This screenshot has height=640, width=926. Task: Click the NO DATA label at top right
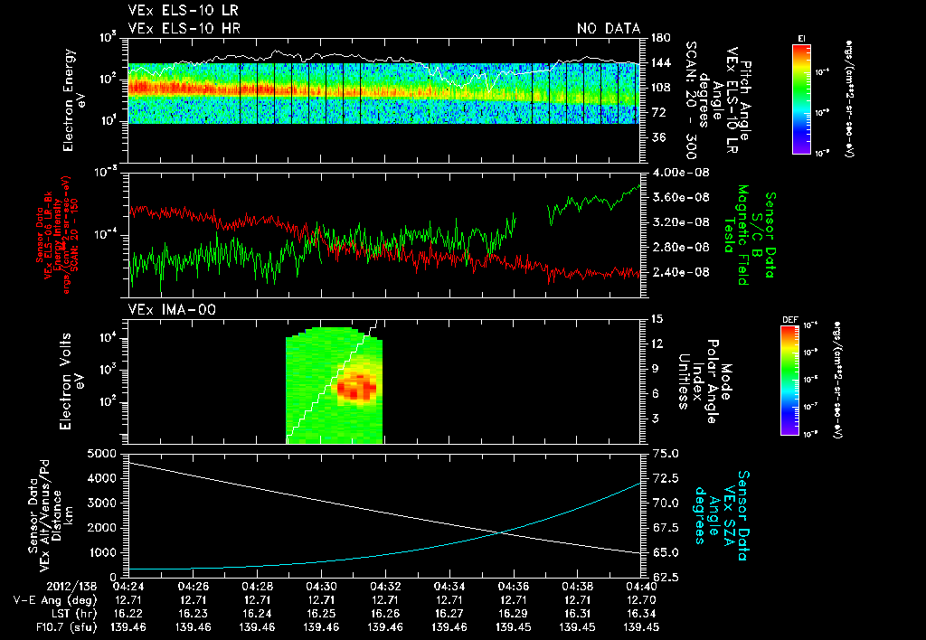608,28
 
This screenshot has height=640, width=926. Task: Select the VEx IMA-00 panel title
163,310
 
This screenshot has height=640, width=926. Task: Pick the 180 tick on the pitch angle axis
658,38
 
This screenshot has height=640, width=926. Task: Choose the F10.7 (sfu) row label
52,626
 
